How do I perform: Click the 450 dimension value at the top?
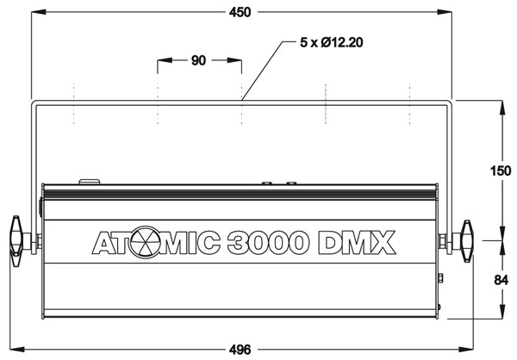(240, 13)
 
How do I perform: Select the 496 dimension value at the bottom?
(240, 350)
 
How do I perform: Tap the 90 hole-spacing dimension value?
(198, 60)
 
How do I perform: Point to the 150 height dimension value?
(501, 171)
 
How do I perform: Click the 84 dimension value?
(501, 280)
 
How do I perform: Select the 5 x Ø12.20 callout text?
(332, 42)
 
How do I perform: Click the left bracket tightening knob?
(16, 241)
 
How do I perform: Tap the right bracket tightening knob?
(467, 241)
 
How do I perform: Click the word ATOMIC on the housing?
(156, 243)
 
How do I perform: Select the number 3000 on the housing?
(268, 243)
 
